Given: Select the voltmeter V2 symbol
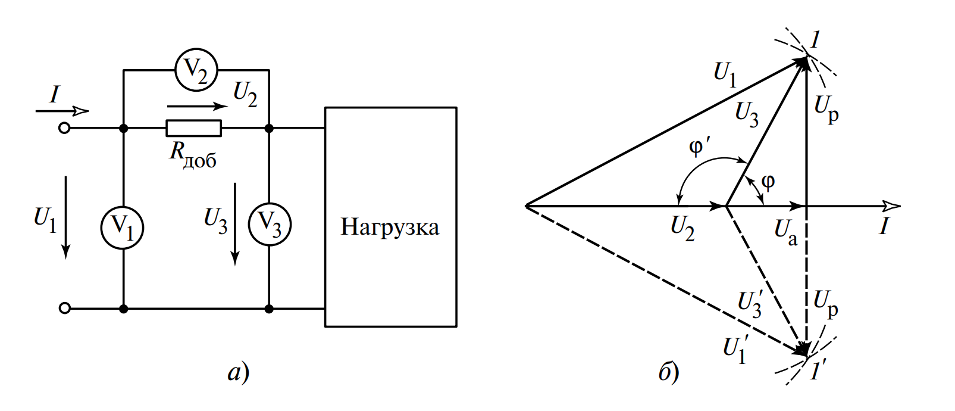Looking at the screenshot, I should click(196, 70).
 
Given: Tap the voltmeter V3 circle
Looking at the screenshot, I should click(269, 225).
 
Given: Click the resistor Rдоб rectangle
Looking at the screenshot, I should click(193, 128).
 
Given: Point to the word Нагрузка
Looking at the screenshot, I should click(390, 227).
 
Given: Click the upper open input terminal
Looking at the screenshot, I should click(65, 128).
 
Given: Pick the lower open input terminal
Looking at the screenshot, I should click(65, 308).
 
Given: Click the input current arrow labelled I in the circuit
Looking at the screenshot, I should click(62, 111).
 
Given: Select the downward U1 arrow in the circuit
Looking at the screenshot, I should click(66, 217).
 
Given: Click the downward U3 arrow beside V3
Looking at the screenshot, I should click(236, 223).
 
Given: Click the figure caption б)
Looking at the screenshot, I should click(669, 373).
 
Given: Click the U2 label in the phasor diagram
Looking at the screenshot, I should click(682, 228).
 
